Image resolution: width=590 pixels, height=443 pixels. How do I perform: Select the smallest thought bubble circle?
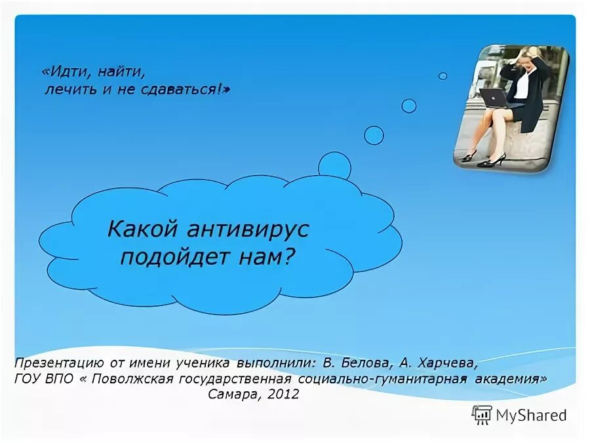pyautogui.click(x=443, y=76)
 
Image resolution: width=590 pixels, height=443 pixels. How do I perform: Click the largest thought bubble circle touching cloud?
pyautogui.click(x=334, y=166)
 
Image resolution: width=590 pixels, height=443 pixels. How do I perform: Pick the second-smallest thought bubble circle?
pyautogui.click(x=409, y=106)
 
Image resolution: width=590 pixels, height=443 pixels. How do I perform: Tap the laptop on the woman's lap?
pyautogui.click(x=493, y=98)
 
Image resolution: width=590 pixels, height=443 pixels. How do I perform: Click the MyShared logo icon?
pyautogui.click(x=482, y=415)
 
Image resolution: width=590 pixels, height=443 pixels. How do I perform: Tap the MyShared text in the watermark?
pyautogui.click(x=531, y=415)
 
